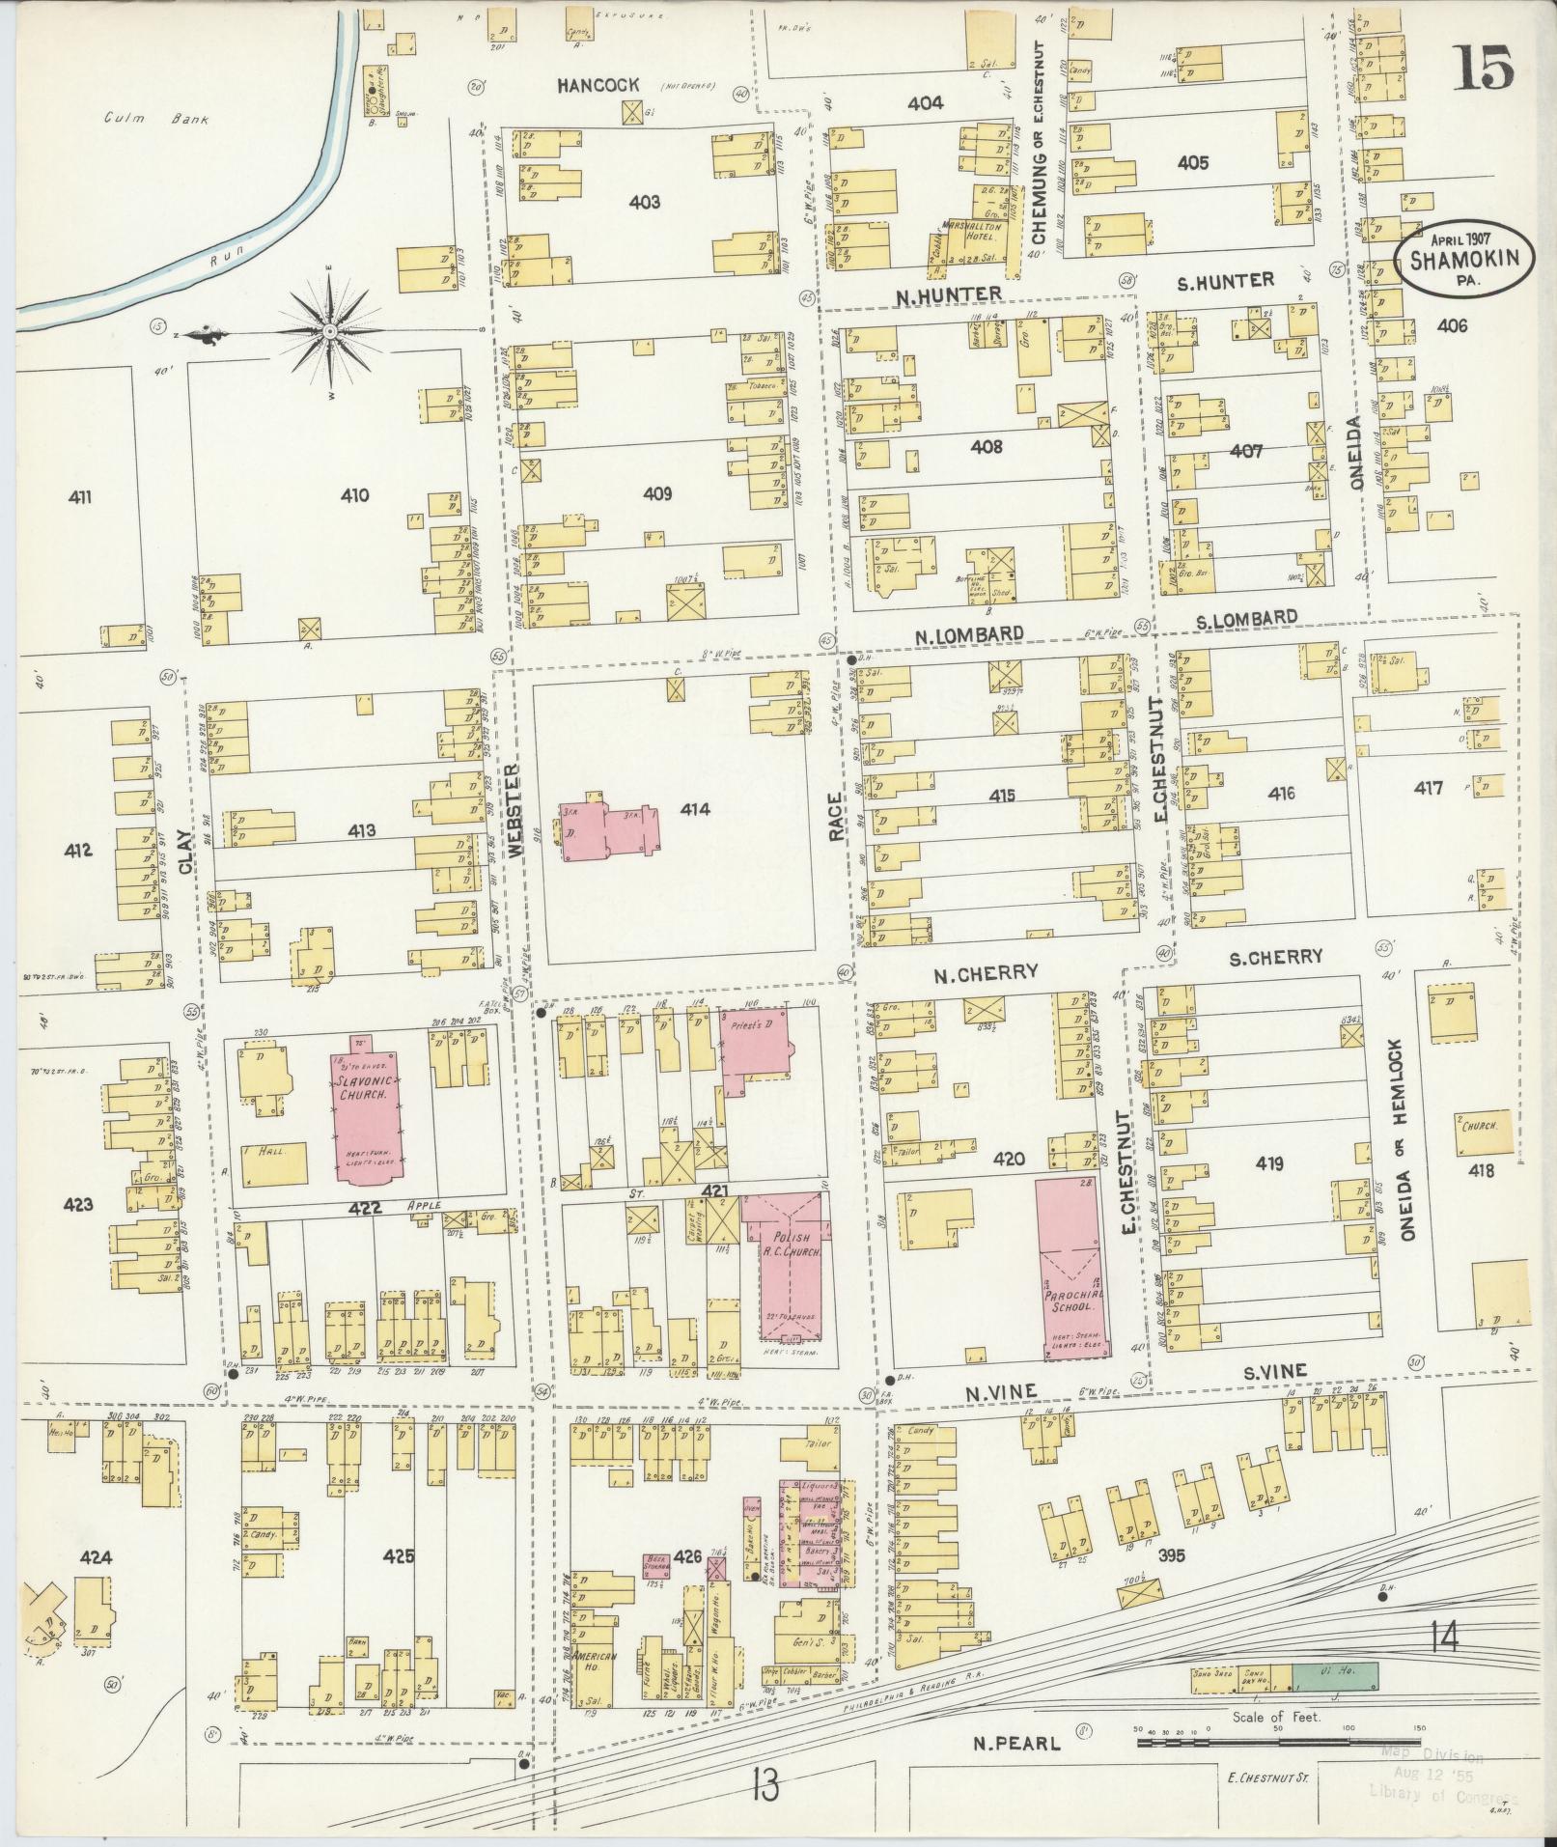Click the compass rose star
[330, 332]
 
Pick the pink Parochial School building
[1072, 1268]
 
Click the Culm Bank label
[156, 120]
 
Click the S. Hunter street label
[1226, 281]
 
